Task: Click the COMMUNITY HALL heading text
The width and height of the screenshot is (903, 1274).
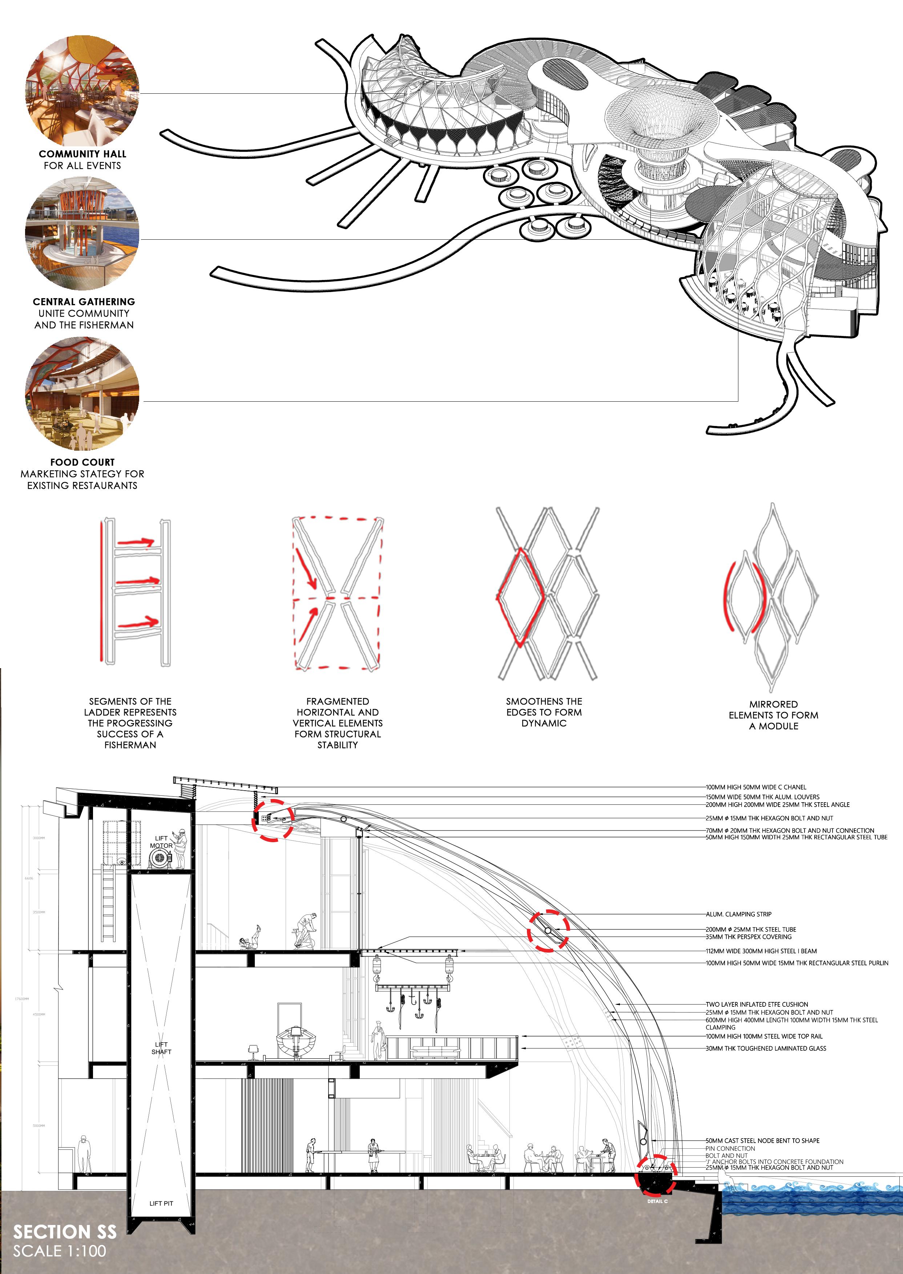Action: click(x=82, y=154)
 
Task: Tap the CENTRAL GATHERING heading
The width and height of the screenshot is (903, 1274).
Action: click(x=84, y=302)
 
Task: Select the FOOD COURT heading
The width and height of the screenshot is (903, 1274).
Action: click(x=82, y=462)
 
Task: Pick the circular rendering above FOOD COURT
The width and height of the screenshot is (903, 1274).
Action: click(x=82, y=393)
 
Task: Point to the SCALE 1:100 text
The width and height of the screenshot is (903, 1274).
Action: click(x=60, y=1251)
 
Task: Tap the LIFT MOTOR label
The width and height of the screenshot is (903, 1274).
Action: click(x=161, y=842)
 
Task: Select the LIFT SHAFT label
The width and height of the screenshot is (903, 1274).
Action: click(x=161, y=1048)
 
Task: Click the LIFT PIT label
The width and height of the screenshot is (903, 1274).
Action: click(x=161, y=1204)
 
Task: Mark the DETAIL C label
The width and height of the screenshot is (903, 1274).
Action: click(x=657, y=1201)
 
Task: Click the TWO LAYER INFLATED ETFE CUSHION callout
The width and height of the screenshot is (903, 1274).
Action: click(x=757, y=1005)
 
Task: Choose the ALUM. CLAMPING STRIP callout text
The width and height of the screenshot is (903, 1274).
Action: click(x=738, y=914)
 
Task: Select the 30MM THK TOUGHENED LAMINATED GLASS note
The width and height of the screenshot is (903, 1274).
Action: click(x=766, y=1048)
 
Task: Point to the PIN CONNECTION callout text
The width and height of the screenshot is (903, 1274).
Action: click(x=730, y=1148)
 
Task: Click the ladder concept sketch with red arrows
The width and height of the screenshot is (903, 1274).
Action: click(x=136, y=592)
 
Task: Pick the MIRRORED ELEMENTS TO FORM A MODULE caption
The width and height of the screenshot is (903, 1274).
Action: click(x=773, y=715)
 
